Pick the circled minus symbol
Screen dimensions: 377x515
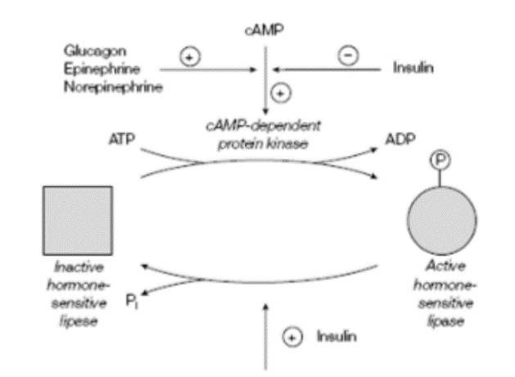(346, 56)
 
